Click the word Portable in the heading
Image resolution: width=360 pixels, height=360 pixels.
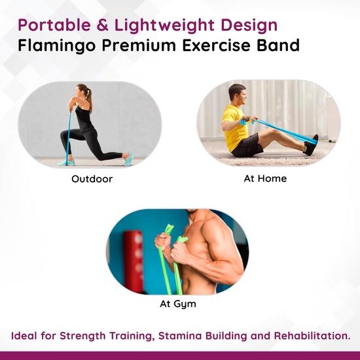coord(48,26)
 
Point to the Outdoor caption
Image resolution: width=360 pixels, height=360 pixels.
coord(92,178)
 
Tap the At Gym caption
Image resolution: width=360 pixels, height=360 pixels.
coord(178,304)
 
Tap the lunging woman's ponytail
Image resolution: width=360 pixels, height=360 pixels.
coord(89,99)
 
